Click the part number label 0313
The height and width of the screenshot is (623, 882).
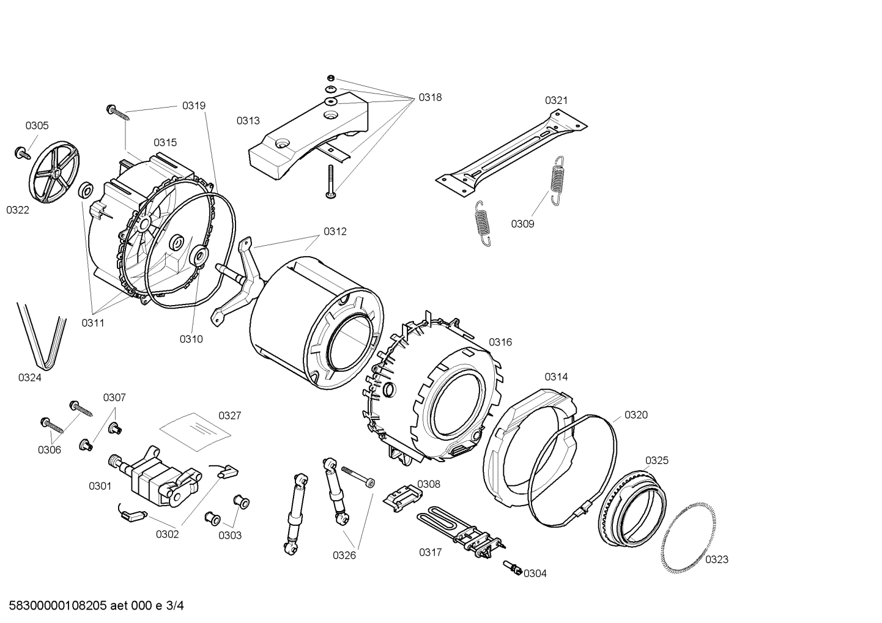click(248, 121)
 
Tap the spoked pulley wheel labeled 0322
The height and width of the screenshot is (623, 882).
click(54, 173)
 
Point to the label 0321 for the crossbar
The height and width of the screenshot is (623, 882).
click(556, 100)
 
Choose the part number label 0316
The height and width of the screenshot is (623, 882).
click(500, 342)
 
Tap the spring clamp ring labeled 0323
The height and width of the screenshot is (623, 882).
click(689, 538)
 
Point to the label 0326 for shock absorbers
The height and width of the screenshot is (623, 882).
click(344, 555)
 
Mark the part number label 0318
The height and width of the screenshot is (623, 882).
click(430, 97)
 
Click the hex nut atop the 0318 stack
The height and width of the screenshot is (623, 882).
click(330, 77)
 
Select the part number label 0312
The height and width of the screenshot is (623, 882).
click(335, 232)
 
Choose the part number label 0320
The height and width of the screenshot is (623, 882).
click(636, 415)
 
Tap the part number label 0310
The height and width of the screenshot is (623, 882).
click(191, 339)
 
